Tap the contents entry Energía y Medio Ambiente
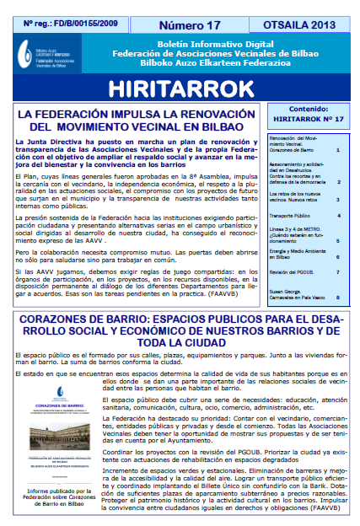[x=296, y=254]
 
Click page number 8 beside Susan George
[x=337, y=297]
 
